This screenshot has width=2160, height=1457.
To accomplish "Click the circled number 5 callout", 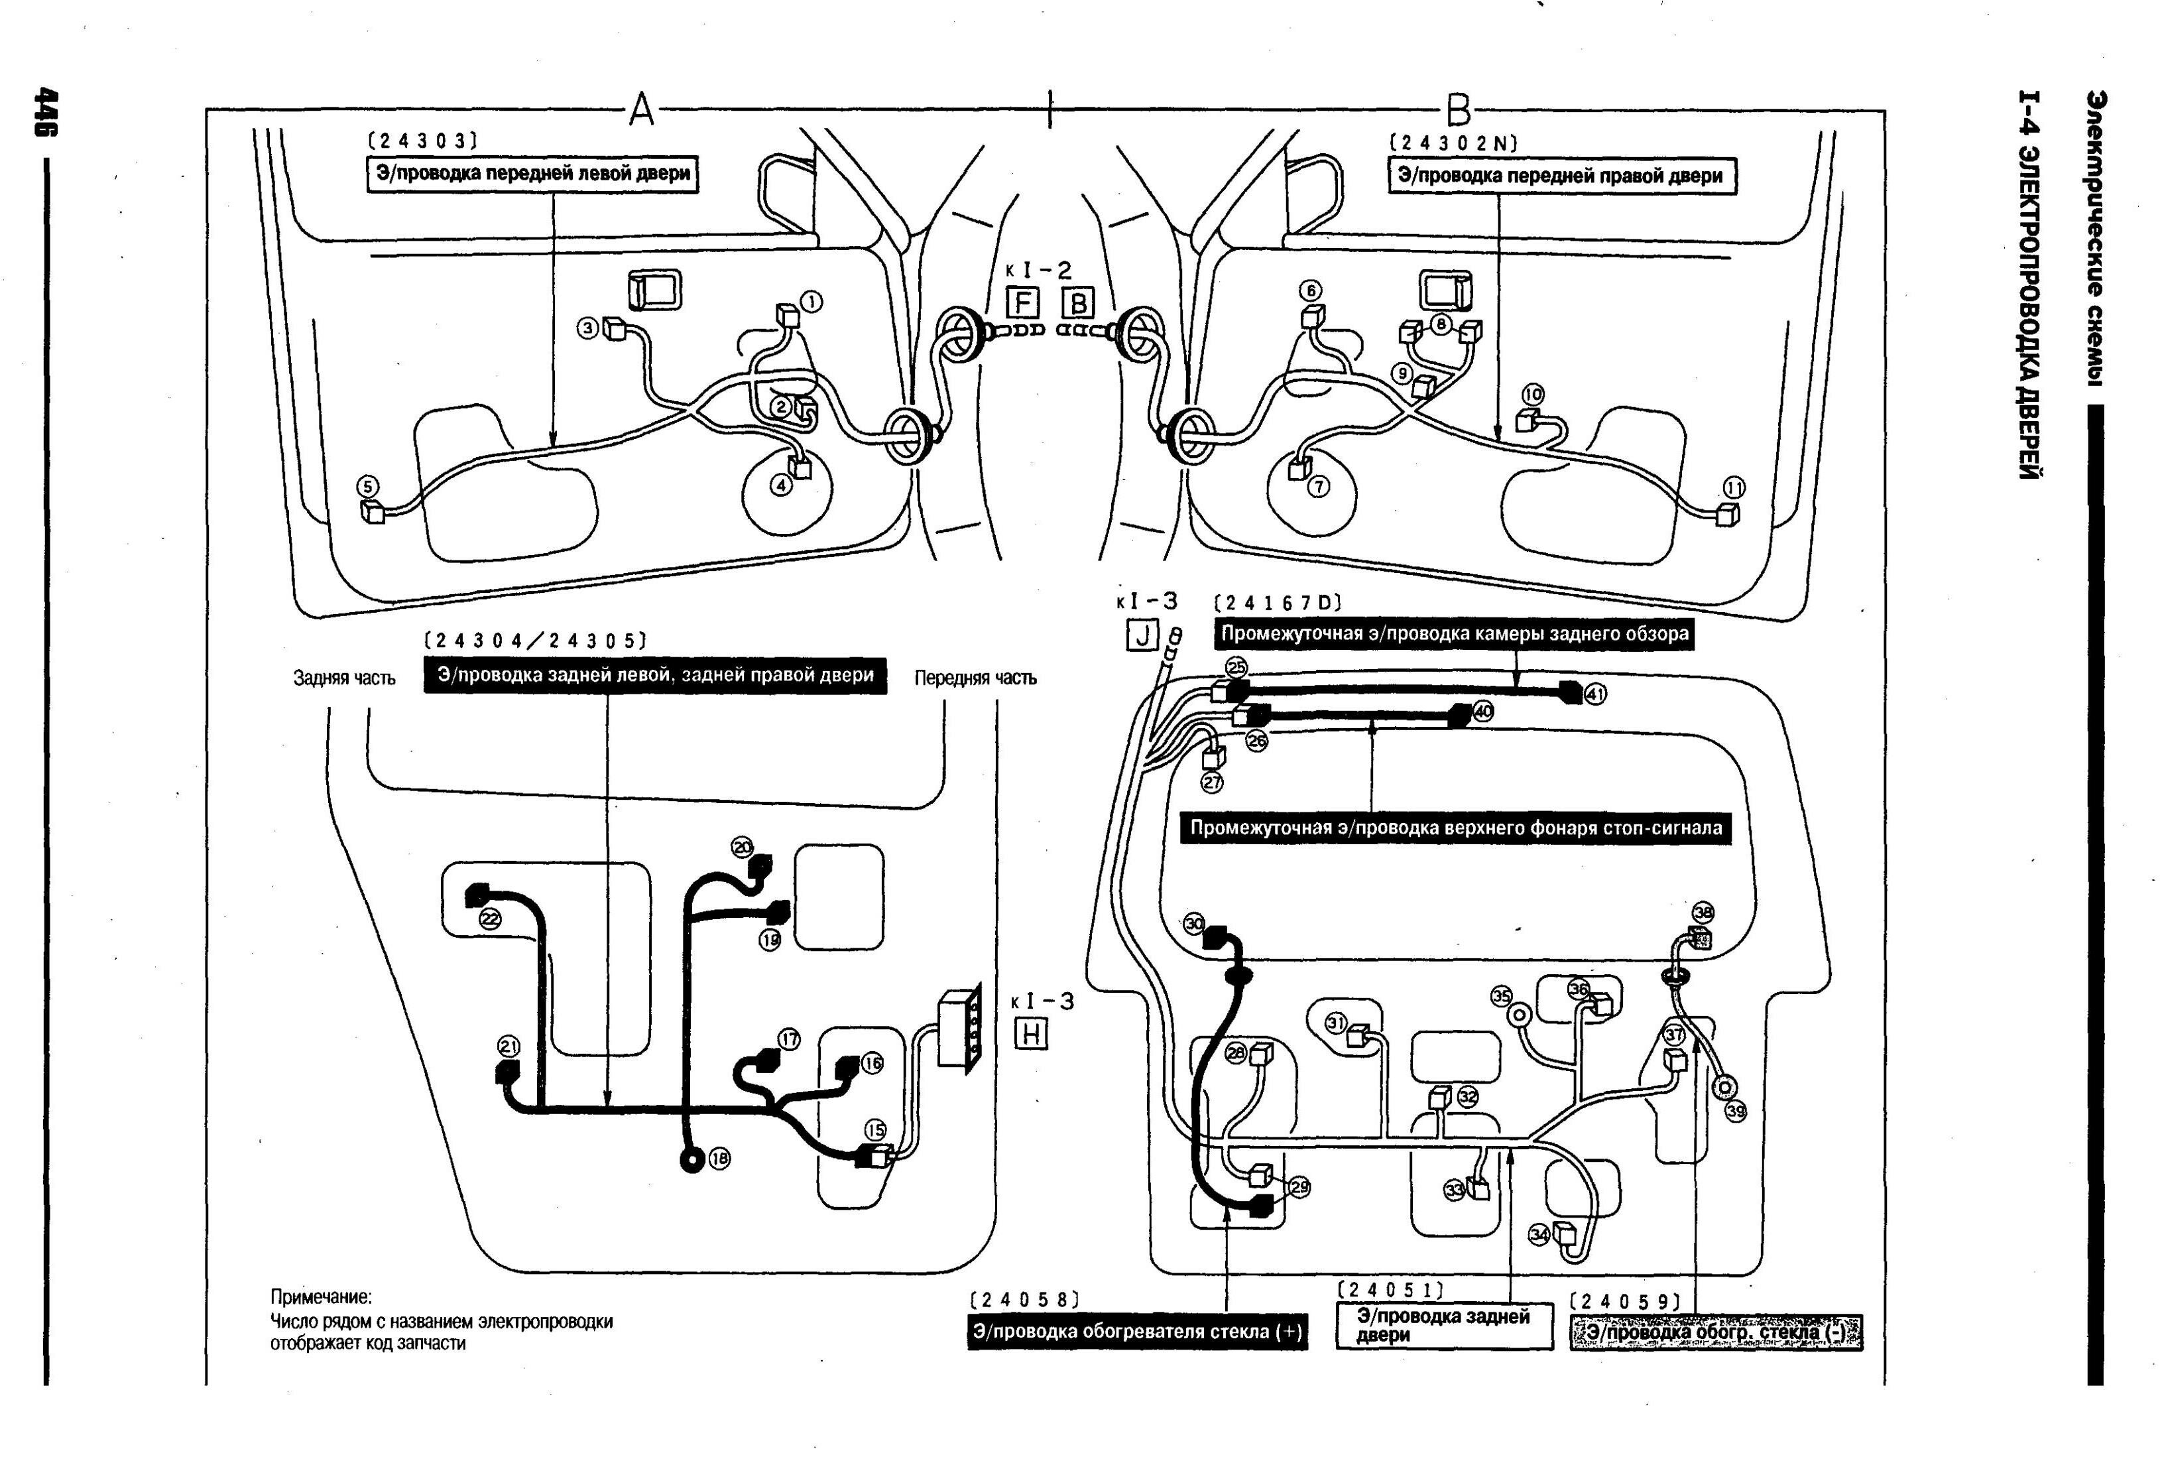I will point(368,487).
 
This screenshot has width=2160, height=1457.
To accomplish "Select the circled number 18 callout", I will point(720,1158).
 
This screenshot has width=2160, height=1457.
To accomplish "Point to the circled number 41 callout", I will point(1595,694).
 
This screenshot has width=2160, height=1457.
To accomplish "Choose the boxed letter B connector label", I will point(1079,304).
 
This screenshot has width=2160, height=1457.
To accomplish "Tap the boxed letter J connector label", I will point(1142,635).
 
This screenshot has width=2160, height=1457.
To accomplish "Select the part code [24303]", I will point(423,141).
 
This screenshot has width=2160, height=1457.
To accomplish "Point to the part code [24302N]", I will point(1453,143).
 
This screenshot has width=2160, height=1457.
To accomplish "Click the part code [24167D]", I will point(1278,603).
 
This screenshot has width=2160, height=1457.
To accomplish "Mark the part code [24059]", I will point(1625,1302).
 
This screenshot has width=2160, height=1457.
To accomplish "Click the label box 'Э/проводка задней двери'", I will point(1443,1325).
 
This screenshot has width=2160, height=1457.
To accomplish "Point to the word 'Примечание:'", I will point(320,1297).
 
